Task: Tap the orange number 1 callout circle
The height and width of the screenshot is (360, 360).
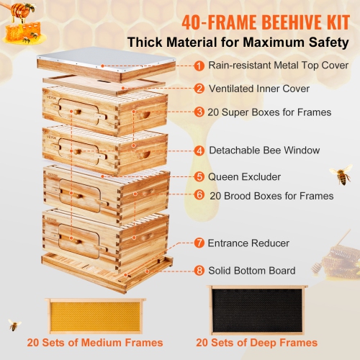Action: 199,66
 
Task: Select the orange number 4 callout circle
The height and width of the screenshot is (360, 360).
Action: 199,151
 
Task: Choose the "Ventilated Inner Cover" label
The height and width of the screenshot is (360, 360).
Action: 259,89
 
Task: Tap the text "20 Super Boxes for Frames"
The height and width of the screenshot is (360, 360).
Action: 270,112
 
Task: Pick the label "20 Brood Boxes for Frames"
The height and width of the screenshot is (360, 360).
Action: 271,195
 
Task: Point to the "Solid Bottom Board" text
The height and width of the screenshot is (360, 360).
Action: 251,271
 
